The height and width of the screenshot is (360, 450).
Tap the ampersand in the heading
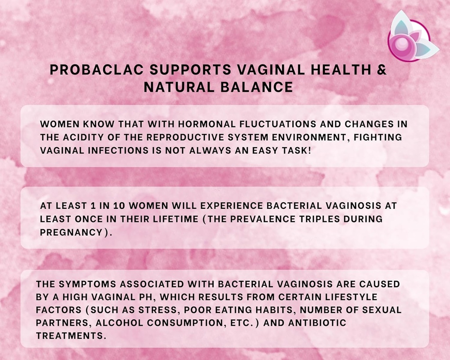(382, 70)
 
